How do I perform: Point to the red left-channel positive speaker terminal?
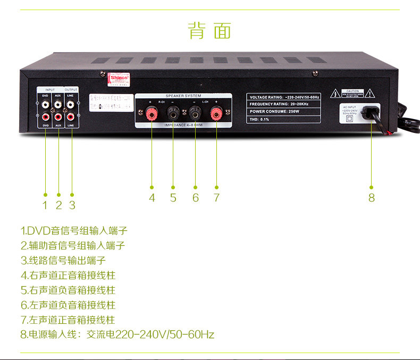click(216, 112)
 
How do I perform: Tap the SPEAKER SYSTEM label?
click(183, 96)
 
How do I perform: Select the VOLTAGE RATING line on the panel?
click(283, 97)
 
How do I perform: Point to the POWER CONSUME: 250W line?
click(276, 112)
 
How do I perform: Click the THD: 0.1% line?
click(260, 119)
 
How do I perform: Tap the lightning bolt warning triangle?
click(335, 94)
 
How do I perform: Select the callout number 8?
click(371, 197)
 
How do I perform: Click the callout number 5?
click(173, 197)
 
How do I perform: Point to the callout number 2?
click(58, 205)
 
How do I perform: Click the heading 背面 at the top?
click(210, 30)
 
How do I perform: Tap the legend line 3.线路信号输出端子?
click(63, 261)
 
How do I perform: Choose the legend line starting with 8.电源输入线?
click(117, 334)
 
